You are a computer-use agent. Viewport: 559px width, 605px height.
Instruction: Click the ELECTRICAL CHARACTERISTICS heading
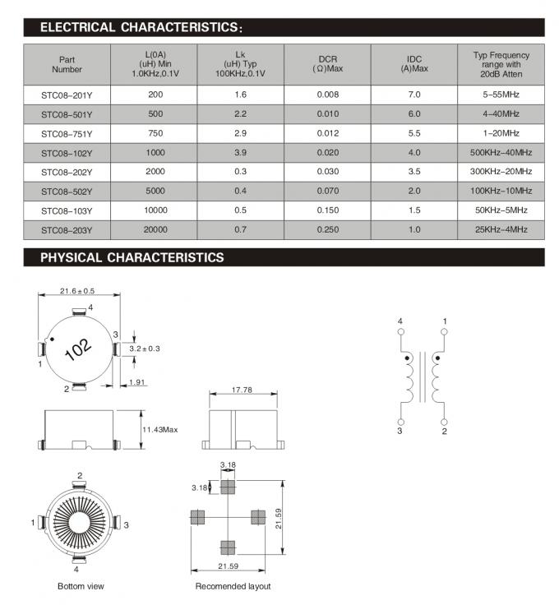coord(141,28)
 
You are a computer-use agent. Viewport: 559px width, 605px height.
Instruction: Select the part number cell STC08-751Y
coord(67,133)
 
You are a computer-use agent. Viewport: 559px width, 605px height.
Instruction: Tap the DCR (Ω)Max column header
coord(327,63)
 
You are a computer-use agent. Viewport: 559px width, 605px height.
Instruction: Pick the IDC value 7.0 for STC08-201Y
coord(414,95)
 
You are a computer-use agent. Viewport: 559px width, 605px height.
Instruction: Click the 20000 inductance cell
coord(155,230)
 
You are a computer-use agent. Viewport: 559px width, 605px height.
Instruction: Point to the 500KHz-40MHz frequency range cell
coord(501,152)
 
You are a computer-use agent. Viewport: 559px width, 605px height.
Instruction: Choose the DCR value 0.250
coord(327,230)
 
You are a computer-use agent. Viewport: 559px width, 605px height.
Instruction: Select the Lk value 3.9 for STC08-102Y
coord(240,152)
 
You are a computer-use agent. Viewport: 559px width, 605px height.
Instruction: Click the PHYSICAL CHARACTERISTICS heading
coord(132,257)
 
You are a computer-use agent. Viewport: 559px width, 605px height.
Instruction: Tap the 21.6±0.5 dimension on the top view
coord(77,291)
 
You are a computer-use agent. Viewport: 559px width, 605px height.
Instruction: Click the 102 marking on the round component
coord(78,349)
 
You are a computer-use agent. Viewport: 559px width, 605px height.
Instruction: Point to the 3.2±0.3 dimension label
coord(145,349)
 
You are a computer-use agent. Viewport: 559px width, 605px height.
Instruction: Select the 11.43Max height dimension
coord(160,429)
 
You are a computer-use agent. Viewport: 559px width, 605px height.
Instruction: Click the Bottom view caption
coord(81,586)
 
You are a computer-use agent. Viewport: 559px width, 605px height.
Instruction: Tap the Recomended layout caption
coord(233,586)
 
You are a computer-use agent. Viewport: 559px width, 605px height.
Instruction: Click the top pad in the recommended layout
coord(228,487)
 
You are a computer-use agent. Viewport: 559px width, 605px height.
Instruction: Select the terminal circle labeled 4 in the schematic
coord(400,332)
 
